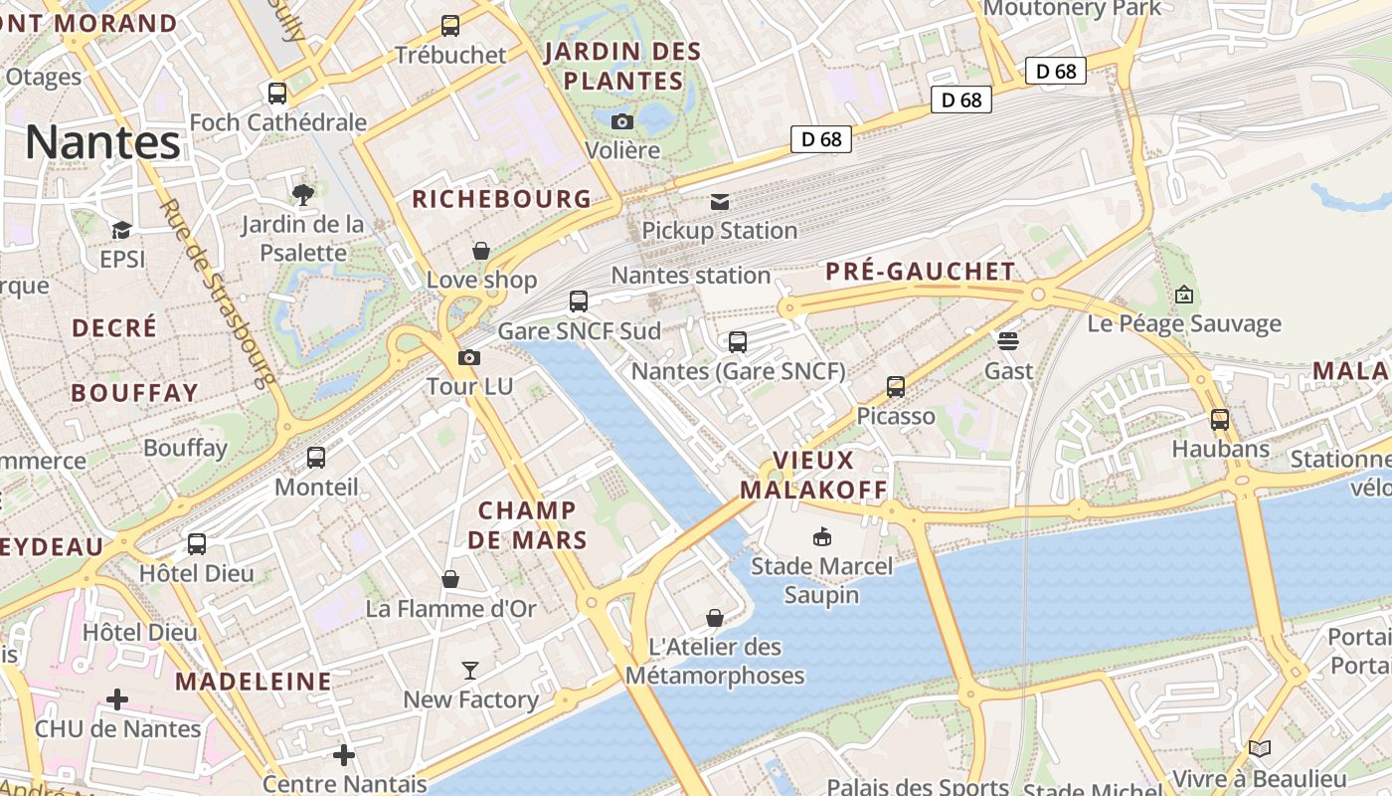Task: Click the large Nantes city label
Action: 102,141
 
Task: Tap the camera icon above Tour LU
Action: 468,357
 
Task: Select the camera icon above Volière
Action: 622,121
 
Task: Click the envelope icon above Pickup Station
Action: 719,202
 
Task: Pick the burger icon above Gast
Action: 1008,341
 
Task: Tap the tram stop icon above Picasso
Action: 896,387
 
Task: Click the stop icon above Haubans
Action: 1220,420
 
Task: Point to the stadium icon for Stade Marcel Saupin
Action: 821,537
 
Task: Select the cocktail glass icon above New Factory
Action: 470,671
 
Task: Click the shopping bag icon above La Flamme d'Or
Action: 450,579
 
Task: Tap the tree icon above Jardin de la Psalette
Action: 303,194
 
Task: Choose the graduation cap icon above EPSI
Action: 121,231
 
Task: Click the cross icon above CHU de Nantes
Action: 117,699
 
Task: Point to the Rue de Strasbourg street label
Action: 217,294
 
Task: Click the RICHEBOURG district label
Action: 502,199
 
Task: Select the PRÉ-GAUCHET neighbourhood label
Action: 921,271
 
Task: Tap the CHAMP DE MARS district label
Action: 527,525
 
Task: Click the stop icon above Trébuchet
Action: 450,26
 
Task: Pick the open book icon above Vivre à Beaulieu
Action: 1260,749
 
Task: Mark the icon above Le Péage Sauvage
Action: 1183,295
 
